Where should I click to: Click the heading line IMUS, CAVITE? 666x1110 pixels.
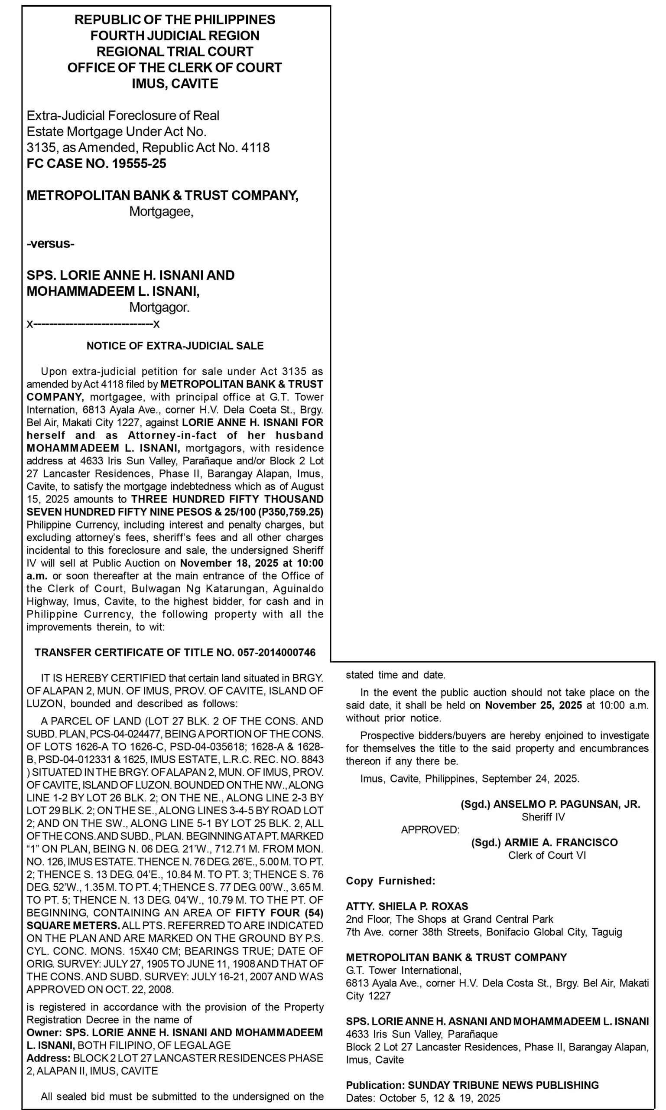click(175, 84)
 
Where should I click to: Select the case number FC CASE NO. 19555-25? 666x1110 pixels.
click(97, 163)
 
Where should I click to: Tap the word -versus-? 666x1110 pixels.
click(51, 244)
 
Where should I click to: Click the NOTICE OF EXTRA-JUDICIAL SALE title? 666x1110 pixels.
click(175, 346)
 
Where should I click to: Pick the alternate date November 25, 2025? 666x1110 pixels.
click(533, 705)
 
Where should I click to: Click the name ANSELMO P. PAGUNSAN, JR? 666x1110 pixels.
click(566, 804)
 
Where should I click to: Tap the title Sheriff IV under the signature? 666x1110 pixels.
click(543, 817)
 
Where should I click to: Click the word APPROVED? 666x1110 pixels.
click(430, 830)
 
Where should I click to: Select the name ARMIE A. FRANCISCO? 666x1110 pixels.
click(561, 842)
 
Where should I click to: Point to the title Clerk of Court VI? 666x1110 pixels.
click(547, 855)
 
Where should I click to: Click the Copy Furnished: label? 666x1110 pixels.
click(390, 881)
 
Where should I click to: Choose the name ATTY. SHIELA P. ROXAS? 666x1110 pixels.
click(406, 906)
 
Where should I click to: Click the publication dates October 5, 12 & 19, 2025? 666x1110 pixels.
click(439, 1098)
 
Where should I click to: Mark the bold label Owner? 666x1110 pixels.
click(45, 1032)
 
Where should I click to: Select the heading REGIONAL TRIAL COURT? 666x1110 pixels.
click(175, 52)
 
